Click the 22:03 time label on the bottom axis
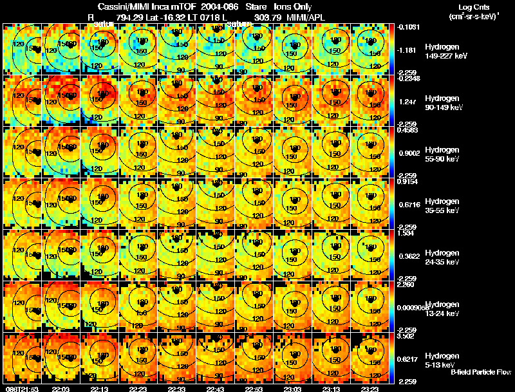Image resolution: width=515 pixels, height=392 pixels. point(61,389)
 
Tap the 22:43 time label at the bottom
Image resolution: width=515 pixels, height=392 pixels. point(216,389)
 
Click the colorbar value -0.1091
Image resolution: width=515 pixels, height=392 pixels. point(407,27)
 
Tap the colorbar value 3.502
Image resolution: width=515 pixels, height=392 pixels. point(406,336)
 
